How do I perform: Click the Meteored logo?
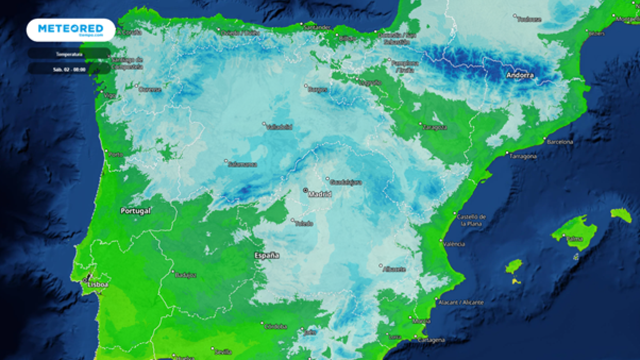pos(70,30)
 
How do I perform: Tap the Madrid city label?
pos(319,194)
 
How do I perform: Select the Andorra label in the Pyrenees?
pos(520,75)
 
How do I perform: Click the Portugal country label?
pos(135,211)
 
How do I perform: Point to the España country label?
pos(267,255)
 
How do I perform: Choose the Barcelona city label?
pos(560,142)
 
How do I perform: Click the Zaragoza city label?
pos(435,127)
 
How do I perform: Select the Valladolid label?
pos(279,127)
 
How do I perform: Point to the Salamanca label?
pos(243,164)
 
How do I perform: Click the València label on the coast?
pos(454,244)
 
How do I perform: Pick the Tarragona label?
pos(523,156)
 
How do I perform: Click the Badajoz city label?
pos(186,275)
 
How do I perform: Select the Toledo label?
pos(304,223)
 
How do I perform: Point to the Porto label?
pos(116,154)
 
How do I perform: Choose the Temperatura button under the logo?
pos(69,54)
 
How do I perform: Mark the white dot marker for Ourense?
pos(137,85)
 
